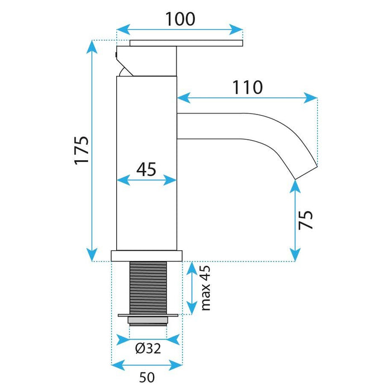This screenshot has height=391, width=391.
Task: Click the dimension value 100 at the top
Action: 180,18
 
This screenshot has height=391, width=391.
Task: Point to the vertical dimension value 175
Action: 82,150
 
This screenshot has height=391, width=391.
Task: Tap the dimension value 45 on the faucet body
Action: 146,169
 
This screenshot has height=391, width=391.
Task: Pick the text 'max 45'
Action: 205,288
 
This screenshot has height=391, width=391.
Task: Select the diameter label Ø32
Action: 148,349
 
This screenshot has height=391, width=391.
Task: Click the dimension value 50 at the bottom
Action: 147,377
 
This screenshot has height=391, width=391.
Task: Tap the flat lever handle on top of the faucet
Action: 186,43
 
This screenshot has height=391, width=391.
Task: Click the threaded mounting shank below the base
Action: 147,287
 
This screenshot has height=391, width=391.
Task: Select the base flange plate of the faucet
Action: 147,256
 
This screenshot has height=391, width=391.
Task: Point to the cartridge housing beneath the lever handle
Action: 146,61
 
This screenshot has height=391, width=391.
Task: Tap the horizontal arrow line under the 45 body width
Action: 146,180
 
